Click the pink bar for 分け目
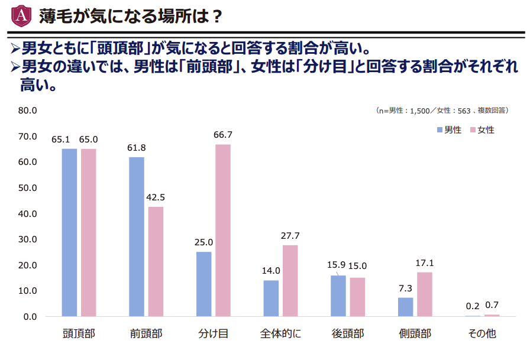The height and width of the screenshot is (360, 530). click(x=223, y=231)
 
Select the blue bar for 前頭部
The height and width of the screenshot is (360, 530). click(x=136, y=236)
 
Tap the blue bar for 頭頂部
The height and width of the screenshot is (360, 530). click(x=69, y=232)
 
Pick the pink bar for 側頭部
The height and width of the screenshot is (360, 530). click(x=425, y=294)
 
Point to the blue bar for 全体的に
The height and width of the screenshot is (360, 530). click(x=271, y=299)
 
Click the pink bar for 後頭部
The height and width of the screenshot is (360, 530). click(x=357, y=297)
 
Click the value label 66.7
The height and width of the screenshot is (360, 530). click(x=223, y=135)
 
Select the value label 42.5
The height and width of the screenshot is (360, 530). click(x=156, y=197)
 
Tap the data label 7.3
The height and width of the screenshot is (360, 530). click(x=405, y=288)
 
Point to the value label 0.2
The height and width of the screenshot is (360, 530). click(x=473, y=306)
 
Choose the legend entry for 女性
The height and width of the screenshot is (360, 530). click(x=482, y=130)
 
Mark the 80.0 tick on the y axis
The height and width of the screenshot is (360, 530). click(x=28, y=111)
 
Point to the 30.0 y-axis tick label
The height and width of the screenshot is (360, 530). click(x=28, y=239)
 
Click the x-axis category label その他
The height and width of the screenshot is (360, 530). click(x=481, y=334)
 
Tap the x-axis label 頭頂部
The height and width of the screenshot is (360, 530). click(x=79, y=334)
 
